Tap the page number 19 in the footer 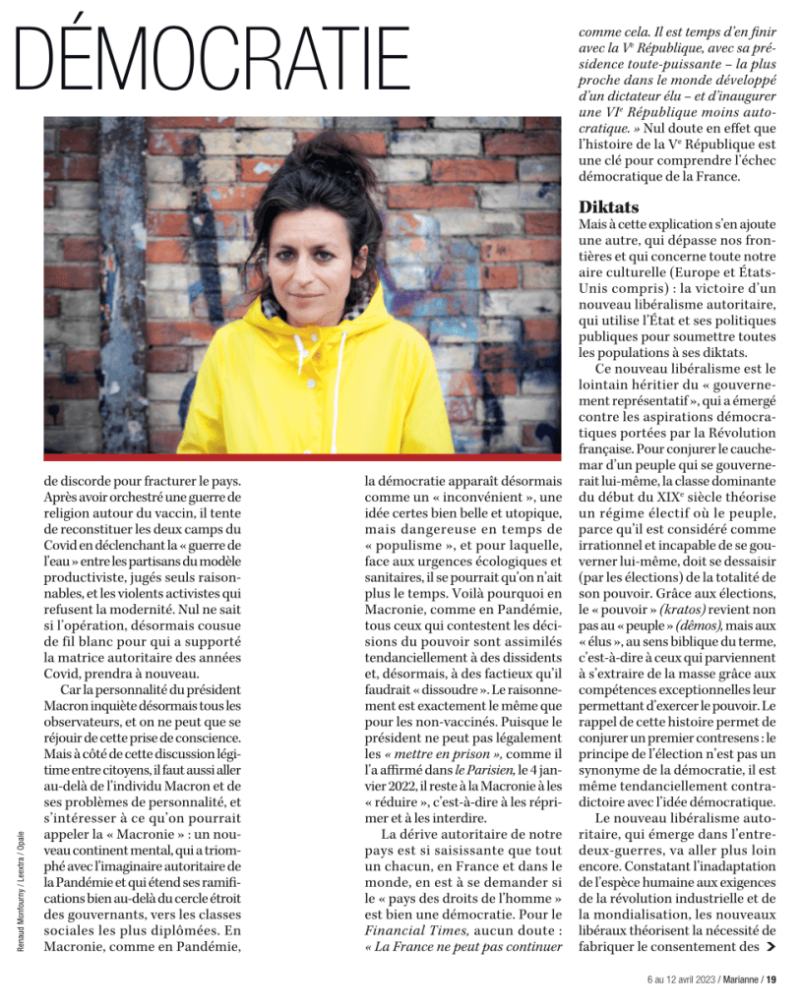click(x=772, y=979)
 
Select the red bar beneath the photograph click(x=302, y=457)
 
